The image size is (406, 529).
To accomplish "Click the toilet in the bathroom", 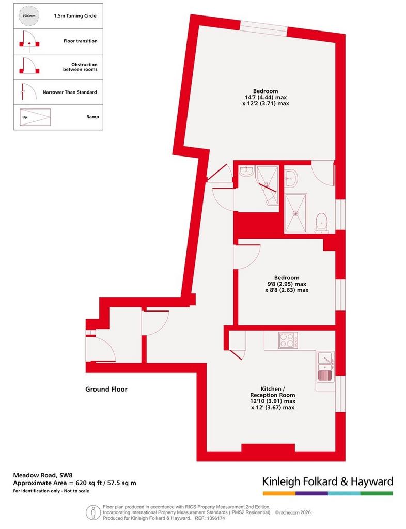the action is [x=322, y=223].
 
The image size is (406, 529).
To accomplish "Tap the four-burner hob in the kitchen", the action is [x=288, y=340].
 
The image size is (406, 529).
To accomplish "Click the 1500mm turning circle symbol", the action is [x=29, y=16].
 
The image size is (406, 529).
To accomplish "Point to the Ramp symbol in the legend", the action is [x=35, y=117].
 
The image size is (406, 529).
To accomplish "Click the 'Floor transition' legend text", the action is [x=80, y=41].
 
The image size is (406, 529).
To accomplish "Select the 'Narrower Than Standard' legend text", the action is [x=69, y=92].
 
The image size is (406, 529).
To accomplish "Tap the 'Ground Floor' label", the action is [x=106, y=389].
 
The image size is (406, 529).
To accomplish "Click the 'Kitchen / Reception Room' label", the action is [x=272, y=392].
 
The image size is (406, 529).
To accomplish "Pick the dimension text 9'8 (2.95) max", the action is [x=287, y=284].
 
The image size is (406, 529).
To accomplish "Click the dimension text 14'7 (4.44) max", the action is [x=266, y=97].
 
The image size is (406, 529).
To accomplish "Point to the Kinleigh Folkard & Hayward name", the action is [x=327, y=481].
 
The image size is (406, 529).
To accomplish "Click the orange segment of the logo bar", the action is [x=279, y=493].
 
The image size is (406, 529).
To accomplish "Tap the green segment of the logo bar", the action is [x=377, y=493].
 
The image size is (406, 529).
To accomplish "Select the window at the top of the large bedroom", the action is [x=263, y=28].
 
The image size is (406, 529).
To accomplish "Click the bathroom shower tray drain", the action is [x=296, y=213].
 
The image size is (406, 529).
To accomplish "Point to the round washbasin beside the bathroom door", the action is [x=291, y=178].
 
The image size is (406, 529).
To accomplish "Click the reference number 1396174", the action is [x=215, y=518].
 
